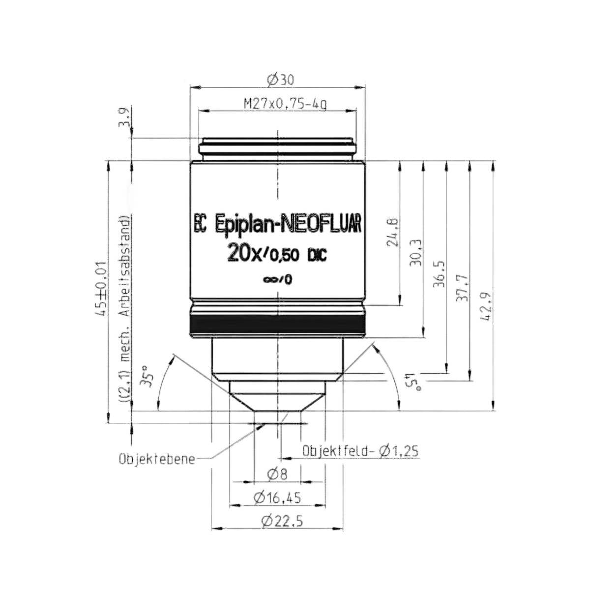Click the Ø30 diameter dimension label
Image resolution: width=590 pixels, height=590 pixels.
pyautogui.click(x=280, y=80)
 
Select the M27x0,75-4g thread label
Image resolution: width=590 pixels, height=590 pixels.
pyautogui.click(x=285, y=104)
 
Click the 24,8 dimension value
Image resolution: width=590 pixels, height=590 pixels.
pyautogui.click(x=393, y=233)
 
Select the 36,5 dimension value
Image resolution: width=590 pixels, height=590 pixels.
pyautogui.click(x=440, y=274)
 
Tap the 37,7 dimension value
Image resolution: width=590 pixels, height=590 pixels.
pyautogui.click(x=463, y=288)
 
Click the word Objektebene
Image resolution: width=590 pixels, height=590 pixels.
pyautogui.click(x=157, y=459)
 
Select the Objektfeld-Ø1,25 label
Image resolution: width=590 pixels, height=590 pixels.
pyautogui.click(x=360, y=451)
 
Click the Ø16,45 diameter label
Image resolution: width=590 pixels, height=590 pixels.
pyautogui.click(x=277, y=506)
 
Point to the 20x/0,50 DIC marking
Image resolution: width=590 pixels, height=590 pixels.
pyautogui.click(x=276, y=254)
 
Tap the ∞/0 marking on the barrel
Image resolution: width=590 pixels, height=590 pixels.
pyautogui.click(x=277, y=279)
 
